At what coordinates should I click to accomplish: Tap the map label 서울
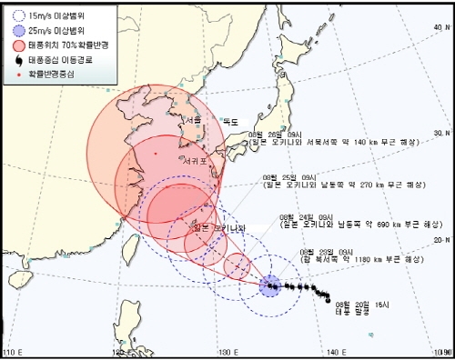[x=192, y=119]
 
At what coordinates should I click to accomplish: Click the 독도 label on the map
[x=230, y=122]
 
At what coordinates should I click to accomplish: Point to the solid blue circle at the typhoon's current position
[x=270, y=287]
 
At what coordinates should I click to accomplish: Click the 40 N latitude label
[x=441, y=27]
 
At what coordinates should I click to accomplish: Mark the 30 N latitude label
[x=441, y=134]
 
